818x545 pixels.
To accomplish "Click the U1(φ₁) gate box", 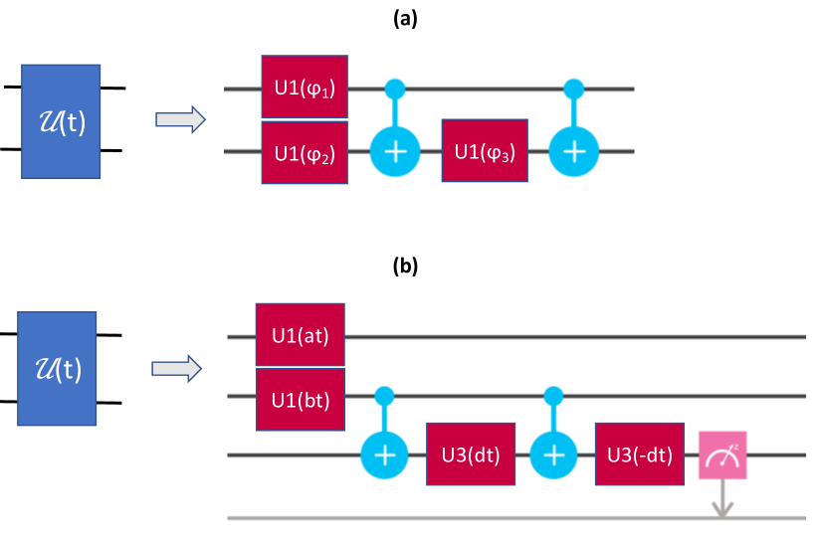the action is tap(305, 87).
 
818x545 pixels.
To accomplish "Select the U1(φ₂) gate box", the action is tap(305, 153).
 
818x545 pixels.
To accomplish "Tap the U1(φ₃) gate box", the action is tap(485, 151).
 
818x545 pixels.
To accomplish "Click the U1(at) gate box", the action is tap(300, 335).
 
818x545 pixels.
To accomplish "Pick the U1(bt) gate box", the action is tap(300, 400).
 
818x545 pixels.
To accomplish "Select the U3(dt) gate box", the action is tap(471, 454).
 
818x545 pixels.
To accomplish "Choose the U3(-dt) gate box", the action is tap(640, 454).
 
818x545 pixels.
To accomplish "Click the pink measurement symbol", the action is tap(722, 455).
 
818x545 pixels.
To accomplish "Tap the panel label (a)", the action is tap(405, 19).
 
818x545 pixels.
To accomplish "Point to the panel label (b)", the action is tap(405, 266).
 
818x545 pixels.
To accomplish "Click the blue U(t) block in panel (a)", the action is tap(61, 121).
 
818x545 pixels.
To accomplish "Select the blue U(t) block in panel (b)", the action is tap(57, 369).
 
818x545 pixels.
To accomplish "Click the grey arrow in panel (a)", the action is tap(180, 119).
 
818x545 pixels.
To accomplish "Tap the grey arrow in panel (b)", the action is tap(177, 369).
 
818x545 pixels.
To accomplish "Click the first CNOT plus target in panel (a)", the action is tap(395, 152).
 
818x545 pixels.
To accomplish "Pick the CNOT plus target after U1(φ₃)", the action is tap(574, 152).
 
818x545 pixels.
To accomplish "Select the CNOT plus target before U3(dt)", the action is tap(384, 455).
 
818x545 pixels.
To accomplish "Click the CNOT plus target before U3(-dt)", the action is tap(553, 455).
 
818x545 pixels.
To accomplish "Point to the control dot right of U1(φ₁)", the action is tap(395, 89).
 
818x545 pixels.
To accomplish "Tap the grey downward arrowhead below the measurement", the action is tap(722, 509).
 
